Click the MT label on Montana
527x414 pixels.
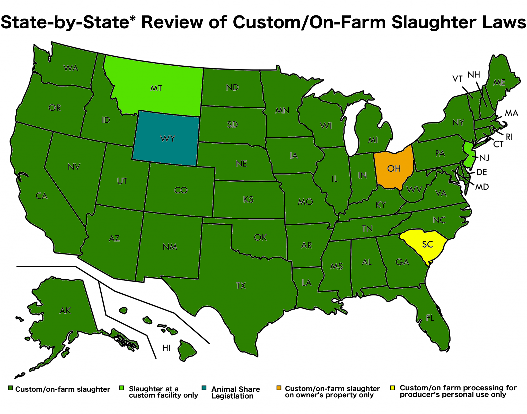[156, 88]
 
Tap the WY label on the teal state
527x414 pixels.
[168, 139]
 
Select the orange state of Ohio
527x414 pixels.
[394, 169]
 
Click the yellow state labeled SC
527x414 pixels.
[427, 244]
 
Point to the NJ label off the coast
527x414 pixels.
[484, 158]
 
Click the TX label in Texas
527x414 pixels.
[241, 286]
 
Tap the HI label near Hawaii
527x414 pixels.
[166, 348]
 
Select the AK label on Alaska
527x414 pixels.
[65, 311]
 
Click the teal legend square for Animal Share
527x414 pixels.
[204, 388]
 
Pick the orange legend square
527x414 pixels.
[279, 388]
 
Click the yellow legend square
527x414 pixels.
[392, 388]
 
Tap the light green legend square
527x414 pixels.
[122, 388]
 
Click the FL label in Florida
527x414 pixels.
[430, 318]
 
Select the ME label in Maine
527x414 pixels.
[499, 82]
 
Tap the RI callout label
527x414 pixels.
[509, 137]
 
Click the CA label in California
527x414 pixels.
[41, 196]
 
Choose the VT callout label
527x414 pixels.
[457, 79]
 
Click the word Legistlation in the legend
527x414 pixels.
[232, 396]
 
